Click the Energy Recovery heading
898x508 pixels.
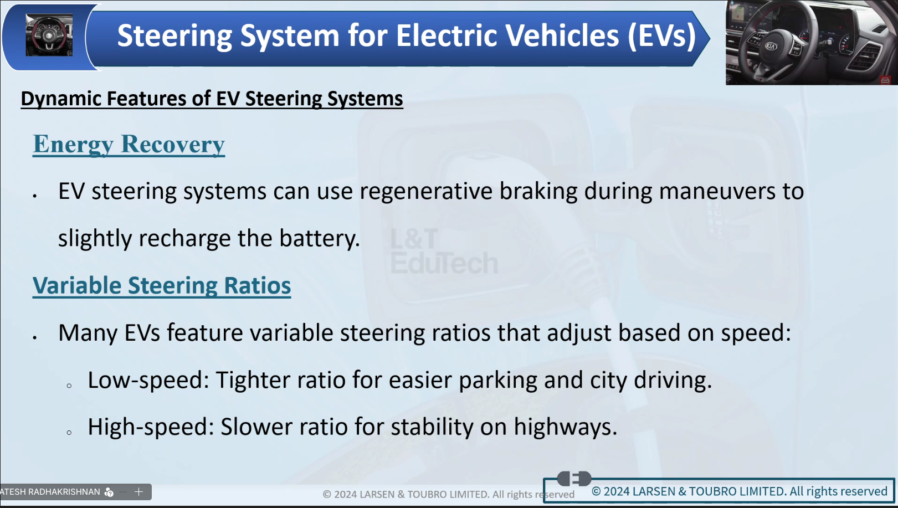pyautogui.click(x=129, y=145)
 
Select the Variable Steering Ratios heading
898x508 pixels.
pyautogui.click(x=162, y=285)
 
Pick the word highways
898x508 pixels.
pyautogui.click(x=565, y=428)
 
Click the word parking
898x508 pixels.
pyautogui.click(x=498, y=380)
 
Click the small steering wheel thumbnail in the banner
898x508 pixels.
pyautogui.click(x=49, y=35)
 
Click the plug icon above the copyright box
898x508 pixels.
pyautogui.click(x=574, y=478)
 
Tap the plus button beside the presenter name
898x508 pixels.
pyautogui.click(x=138, y=492)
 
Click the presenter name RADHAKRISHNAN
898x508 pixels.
pyautogui.click(x=70, y=492)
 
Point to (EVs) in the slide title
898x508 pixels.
pyautogui.click(x=662, y=35)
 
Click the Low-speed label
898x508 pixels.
pyautogui.click(x=148, y=380)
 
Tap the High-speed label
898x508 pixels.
pyautogui.click(x=151, y=427)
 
